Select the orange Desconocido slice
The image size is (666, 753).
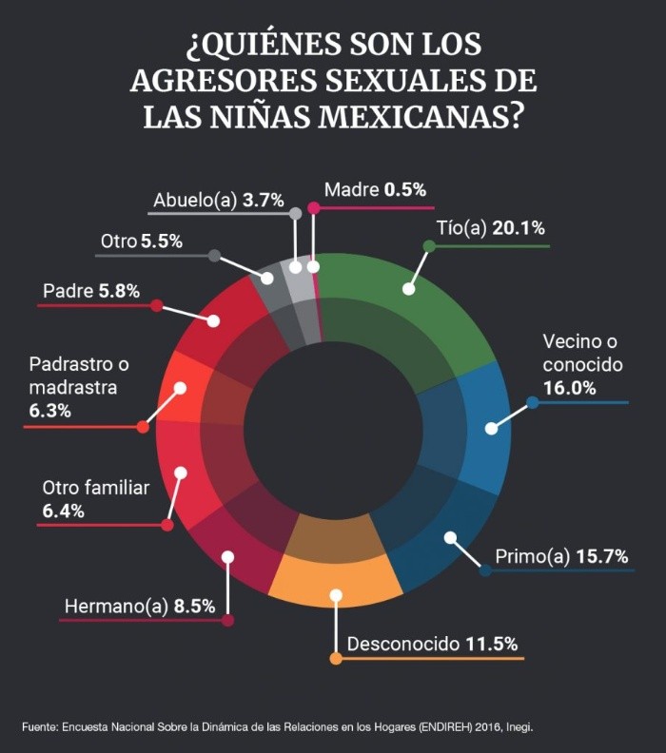pyautogui.click(x=333, y=575)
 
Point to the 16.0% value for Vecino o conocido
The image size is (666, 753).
pyautogui.click(x=569, y=387)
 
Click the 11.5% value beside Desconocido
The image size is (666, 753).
pyautogui.click(x=492, y=644)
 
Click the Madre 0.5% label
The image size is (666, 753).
pyautogui.click(x=375, y=189)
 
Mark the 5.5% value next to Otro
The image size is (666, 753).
pyautogui.click(x=161, y=241)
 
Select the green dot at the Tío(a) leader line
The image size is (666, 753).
pyautogui.click(x=429, y=246)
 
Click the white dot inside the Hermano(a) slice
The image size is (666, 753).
pyautogui.click(x=226, y=556)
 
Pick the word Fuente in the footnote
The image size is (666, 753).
pyautogui.click(x=39, y=726)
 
